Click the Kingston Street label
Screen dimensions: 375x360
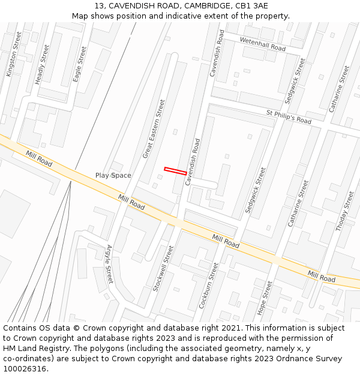(x=13, y=55)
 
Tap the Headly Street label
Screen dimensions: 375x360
(x=43, y=63)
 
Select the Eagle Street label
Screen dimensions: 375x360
(x=80, y=64)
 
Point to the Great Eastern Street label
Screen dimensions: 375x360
(x=153, y=129)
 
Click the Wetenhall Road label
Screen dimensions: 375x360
(x=263, y=44)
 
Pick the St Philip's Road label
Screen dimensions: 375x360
(x=289, y=116)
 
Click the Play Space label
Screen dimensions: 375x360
(x=113, y=175)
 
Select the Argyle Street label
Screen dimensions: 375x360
(x=109, y=263)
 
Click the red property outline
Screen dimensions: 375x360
(x=175, y=171)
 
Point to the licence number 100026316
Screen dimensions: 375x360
(x=25, y=368)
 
